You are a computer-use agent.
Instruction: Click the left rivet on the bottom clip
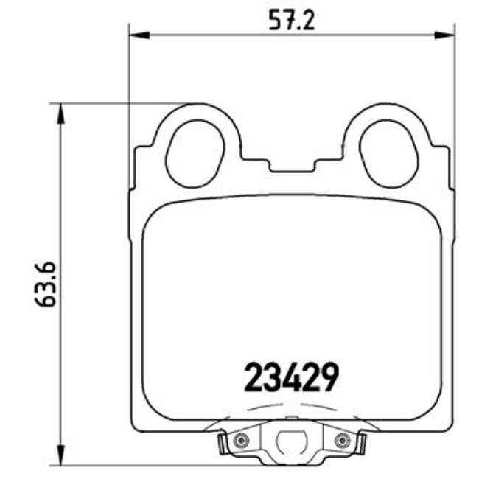pos(239,440)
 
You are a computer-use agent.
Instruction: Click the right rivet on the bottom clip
pos(340,440)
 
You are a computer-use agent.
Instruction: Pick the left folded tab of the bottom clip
pos(221,444)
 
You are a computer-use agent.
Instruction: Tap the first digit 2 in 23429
pos(253,378)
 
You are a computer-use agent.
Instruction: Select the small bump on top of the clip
pos(290,420)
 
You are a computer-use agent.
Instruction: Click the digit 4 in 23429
pos(290,378)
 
